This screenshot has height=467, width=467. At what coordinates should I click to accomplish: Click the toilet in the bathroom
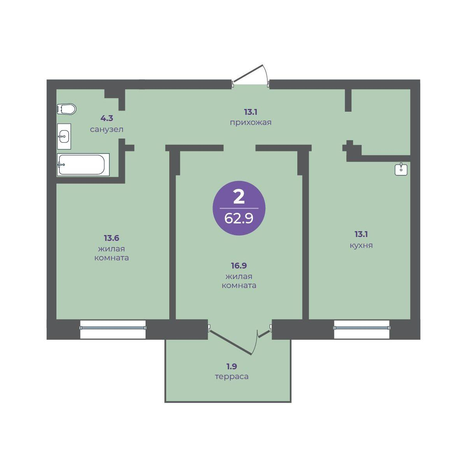tap(67, 109)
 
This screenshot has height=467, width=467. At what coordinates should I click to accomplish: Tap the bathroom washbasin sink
tap(64, 136)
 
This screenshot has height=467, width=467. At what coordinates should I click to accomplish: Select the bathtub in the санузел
tap(83, 165)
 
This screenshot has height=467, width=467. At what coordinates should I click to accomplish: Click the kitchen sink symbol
tap(401, 169)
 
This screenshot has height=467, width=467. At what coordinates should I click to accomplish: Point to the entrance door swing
tap(250, 74)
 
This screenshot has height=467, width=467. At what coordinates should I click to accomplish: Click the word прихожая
tap(251, 123)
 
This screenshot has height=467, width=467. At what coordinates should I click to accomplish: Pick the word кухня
tap(361, 246)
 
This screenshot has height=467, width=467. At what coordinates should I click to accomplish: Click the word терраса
tap(232, 377)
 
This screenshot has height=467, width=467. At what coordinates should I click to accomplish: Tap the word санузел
tap(107, 130)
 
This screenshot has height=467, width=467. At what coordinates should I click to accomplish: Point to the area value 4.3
tap(107, 118)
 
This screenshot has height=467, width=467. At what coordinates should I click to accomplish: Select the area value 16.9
tap(239, 266)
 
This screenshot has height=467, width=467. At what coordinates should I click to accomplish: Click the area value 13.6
tap(111, 238)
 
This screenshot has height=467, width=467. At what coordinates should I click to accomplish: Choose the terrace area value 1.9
tap(232, 366)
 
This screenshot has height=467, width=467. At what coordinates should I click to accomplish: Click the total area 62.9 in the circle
tap(239, 218)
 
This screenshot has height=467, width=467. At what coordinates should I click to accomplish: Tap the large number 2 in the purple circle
tap(239, 197)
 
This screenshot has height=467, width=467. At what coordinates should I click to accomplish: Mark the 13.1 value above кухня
tap(361, 234)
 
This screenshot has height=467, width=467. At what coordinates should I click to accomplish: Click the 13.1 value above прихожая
tap(251, 112)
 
